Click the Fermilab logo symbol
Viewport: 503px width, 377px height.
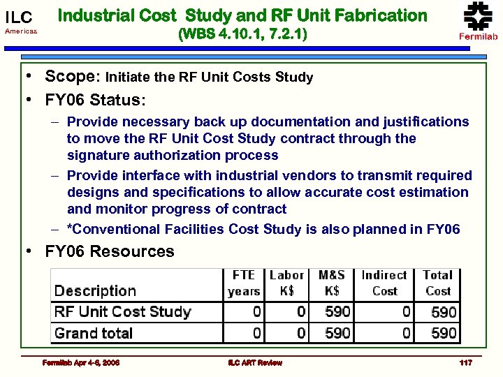478,15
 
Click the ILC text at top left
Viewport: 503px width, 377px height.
19,17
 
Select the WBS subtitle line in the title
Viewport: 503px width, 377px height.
242,33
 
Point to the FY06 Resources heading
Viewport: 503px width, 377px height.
110,251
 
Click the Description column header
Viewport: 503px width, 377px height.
95,290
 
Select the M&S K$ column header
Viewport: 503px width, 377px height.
332,283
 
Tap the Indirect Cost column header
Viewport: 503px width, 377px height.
384,283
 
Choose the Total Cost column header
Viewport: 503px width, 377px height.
438,283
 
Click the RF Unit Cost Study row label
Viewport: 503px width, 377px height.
122,311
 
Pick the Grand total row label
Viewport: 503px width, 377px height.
94,333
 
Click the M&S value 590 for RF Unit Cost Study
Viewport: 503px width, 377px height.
337,311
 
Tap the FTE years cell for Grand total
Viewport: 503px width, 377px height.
256,333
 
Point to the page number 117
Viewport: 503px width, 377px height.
465,362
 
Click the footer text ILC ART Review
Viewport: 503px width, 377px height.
255,362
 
